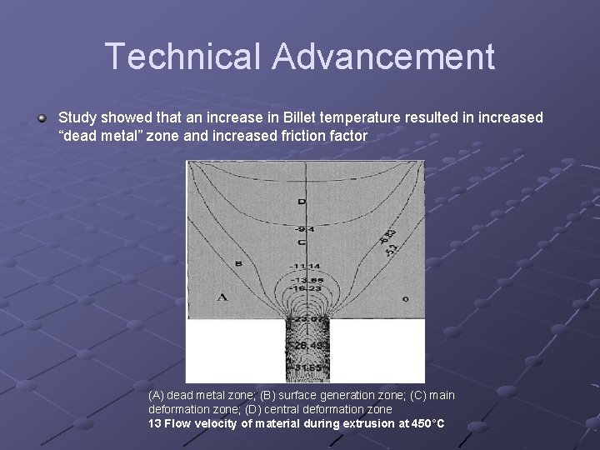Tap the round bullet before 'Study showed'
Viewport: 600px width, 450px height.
click(42, 118)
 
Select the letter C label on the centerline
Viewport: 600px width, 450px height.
click(302, 242)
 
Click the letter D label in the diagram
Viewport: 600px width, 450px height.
click(302, 202)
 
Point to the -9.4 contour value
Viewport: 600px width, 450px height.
click(302, 229)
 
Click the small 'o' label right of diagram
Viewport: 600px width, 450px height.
click(406, 297)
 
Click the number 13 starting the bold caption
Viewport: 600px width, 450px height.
click(154, 423)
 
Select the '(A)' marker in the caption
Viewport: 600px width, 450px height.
click(157, 394)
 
